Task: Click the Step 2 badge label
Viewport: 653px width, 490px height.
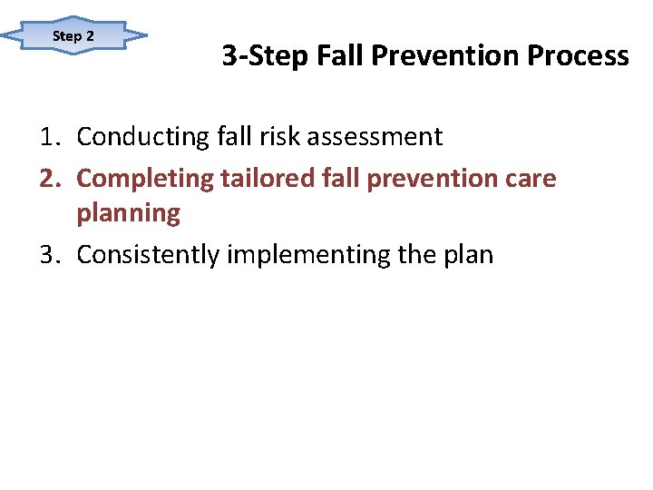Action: pos(73,36)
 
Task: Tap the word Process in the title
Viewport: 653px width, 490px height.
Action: pos(578,56)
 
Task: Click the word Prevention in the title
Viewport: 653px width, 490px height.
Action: pos(447,56)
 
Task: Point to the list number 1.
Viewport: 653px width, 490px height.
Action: pos(48,137)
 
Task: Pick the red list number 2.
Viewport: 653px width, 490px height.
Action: pos(48,178)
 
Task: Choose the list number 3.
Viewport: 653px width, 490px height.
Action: pos(48,255)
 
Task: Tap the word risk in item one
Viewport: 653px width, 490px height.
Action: pos(272,137)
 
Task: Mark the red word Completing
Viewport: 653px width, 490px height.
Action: pos(144,178)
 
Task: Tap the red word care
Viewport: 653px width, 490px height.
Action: pos(532,178)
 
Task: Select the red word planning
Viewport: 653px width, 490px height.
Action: pos(129,214)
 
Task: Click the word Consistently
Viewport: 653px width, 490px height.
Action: pos(148,255)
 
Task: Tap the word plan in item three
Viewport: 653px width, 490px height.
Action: pos(468,255)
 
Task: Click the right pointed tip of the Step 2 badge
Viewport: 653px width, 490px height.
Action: pos(146,36)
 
